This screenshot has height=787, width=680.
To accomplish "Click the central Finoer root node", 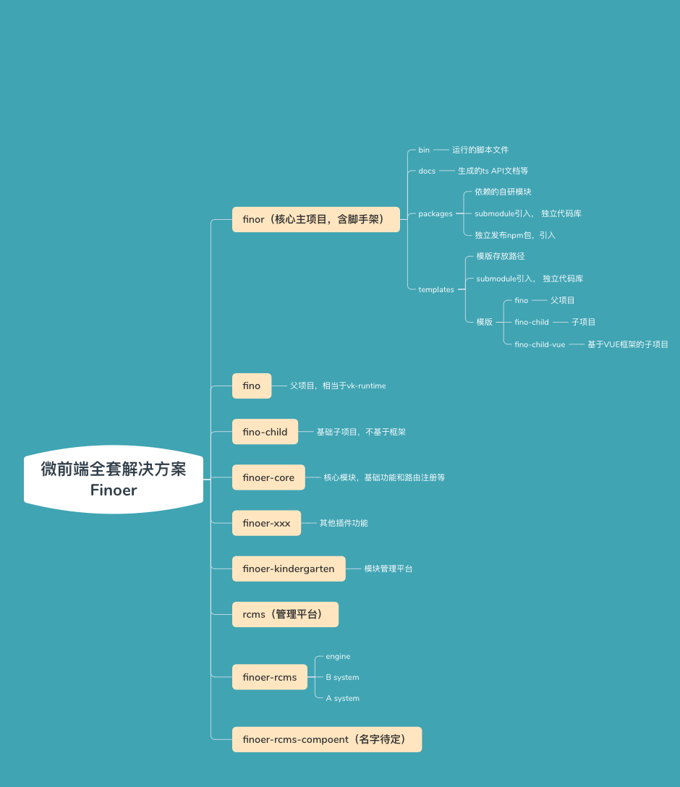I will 114,479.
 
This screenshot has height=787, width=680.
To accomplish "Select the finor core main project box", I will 315,219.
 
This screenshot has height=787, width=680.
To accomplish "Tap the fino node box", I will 252,386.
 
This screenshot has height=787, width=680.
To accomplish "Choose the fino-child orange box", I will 265,432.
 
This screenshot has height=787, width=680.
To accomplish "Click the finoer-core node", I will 268,477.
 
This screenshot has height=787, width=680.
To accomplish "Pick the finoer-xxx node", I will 266,523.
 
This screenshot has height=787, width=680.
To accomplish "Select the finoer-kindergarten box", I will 289,569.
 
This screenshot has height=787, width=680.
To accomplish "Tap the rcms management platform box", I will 285,614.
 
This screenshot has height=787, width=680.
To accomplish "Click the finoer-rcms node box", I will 270,677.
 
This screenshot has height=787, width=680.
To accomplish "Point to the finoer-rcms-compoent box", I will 326,739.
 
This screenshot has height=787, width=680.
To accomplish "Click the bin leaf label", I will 424,150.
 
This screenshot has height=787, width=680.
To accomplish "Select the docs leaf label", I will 427,171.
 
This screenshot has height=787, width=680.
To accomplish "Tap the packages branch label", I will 435,213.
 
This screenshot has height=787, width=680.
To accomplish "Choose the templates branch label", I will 436,289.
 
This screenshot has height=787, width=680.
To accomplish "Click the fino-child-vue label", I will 540,344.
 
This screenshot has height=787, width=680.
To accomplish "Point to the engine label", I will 338,656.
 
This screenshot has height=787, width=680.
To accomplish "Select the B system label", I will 342,677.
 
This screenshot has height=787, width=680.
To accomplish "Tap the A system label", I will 342,698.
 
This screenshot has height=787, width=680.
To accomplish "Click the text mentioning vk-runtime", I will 338,386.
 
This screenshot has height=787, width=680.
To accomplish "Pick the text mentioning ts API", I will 493,171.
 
